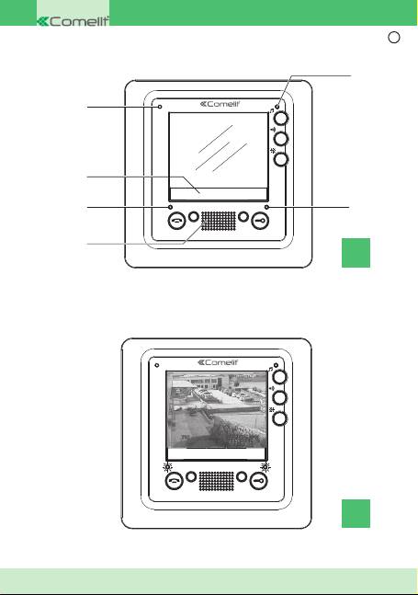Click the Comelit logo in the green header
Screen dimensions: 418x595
click(x=73, y=21)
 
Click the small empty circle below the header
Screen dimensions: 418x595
click(x=394, y=37)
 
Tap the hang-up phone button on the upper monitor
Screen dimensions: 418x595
click(x=176, y=220)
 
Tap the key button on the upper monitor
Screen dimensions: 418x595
click(x=260, y=220)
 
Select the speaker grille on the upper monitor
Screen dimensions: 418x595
click(x=218, y=221)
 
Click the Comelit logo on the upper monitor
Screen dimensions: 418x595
click(x=220, y=104)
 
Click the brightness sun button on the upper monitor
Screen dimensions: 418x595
click(x=281, y=159)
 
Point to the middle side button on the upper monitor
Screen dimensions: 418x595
click(x=281, y=139)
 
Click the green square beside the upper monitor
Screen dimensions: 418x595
click(x=356, y=253)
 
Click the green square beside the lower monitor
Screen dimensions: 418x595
click(x=356, y=513)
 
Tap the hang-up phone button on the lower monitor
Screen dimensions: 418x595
click(x=175, y=480)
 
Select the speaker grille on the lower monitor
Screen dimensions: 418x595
click(x=217, y=481)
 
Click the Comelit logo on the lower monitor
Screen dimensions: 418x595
click(x=218, y=362)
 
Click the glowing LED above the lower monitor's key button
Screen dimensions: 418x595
click(x=265, y=467)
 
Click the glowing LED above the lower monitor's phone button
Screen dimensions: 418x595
click(x=167, y=467)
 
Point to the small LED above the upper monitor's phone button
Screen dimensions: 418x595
click(x=170, y=207)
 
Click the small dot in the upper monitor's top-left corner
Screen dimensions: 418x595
click(x=160, y=107)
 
